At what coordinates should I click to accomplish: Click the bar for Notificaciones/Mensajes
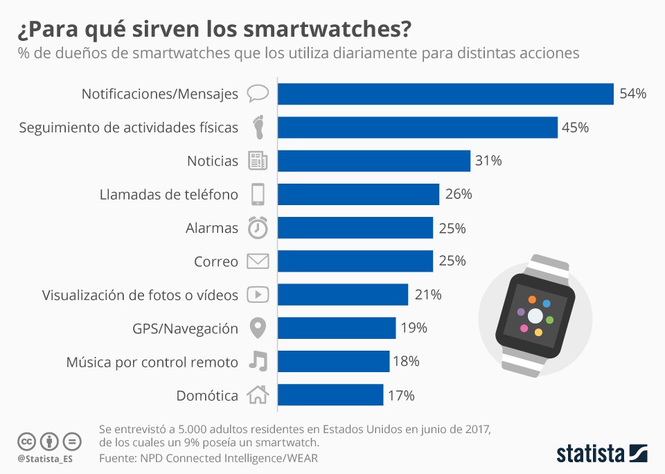pos(445,94)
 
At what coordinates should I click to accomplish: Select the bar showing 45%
pos(418,128)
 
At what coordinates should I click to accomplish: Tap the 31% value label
pos(488,161)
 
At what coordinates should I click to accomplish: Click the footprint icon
pos(258,128)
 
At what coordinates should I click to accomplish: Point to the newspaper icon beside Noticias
pos(258,161)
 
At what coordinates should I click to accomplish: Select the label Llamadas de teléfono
pos(168,195)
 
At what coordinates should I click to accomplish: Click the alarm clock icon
pos(258,227)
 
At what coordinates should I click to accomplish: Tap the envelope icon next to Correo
pos(258,261)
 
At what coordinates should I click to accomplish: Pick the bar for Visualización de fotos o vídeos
pos(343,295)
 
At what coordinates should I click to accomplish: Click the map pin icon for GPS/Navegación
pos(258,328)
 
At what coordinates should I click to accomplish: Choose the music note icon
pos(258,361)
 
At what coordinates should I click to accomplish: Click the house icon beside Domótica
pos(258,395)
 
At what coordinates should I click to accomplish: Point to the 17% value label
pos(401,396)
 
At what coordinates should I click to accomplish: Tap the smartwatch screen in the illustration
pos(534,316)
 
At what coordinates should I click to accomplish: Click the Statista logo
pos(602,454)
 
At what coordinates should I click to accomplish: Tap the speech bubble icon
pos(258,94)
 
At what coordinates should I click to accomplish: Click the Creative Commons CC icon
pos(27,441)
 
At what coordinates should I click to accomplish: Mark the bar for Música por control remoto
pos(333,361)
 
